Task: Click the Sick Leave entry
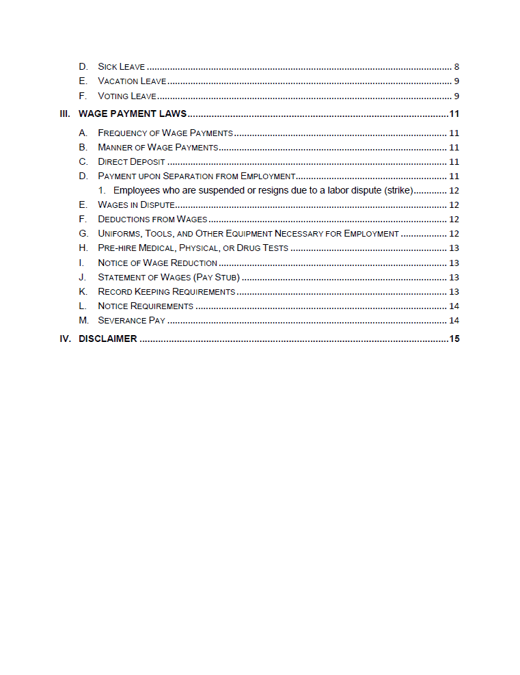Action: click(121, 67)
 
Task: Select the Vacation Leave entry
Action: click(131, 81)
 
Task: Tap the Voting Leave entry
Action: click(127, 96)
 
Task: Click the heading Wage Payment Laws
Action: click(133, 114)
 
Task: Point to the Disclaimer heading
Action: click(107, 339)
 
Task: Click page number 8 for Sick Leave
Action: click(456, 67)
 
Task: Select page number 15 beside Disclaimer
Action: click(454, 339)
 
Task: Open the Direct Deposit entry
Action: click(131, 162)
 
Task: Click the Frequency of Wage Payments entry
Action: click(165, 133)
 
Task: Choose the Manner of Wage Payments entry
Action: click(158, 148)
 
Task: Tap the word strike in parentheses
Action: click(399, 191)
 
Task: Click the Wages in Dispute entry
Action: click(136, 205)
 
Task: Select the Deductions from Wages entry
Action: click(152, 220)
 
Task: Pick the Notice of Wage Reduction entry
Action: click(157, 263)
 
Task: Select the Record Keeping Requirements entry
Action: click(166, 292)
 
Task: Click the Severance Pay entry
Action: click(131, 321)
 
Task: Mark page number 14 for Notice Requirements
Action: click(454, 306)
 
